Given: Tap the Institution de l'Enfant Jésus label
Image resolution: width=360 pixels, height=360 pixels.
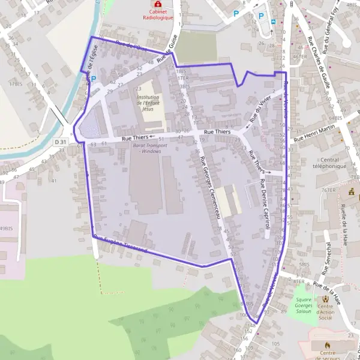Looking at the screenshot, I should click(x=148, y=103).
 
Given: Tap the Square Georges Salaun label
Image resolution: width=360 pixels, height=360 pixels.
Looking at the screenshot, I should click(x=304, y=305).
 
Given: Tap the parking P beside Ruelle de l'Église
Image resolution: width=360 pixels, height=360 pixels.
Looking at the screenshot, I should click(x=94, y=79).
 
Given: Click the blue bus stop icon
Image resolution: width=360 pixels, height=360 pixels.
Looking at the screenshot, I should click(x=274, y=22).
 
